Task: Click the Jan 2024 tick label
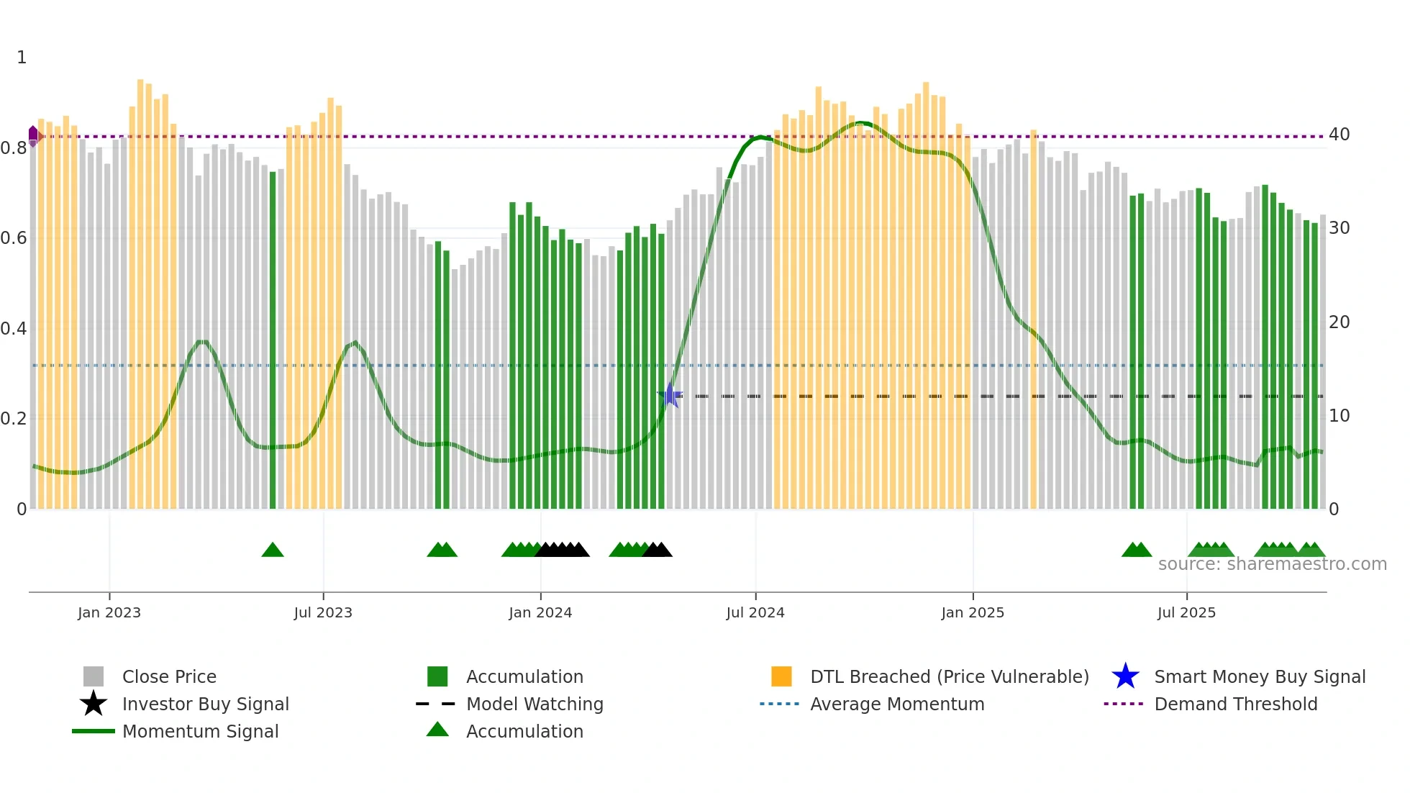(x=540, y=612)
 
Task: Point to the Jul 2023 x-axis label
(x=323, y=612)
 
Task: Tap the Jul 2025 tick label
(x=1186, y=612)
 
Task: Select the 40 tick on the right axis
(x=1339, y=135)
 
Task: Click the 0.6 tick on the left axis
(x=14, y=238)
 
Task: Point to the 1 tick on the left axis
(x=22, y=58)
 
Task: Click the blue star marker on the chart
(x=670, y=395)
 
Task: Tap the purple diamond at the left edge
(x=33, y=136)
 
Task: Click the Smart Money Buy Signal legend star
(x=1125, y=676)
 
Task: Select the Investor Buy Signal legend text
(x=205, y=704)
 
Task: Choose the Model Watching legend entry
(x=534, y=704)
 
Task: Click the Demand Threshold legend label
(x=1235, y=704)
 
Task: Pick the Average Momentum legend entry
(x=896, y=704)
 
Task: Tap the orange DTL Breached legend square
(x=781, y=676)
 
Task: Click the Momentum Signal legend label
(x=200, y=731)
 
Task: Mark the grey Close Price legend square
(x=94, y=676)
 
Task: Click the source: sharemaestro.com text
(x=1272, y=564)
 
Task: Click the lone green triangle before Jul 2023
(x=273, y=550)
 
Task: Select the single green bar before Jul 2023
(x=273, y=338)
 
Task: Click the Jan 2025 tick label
(x=972, y=612)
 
